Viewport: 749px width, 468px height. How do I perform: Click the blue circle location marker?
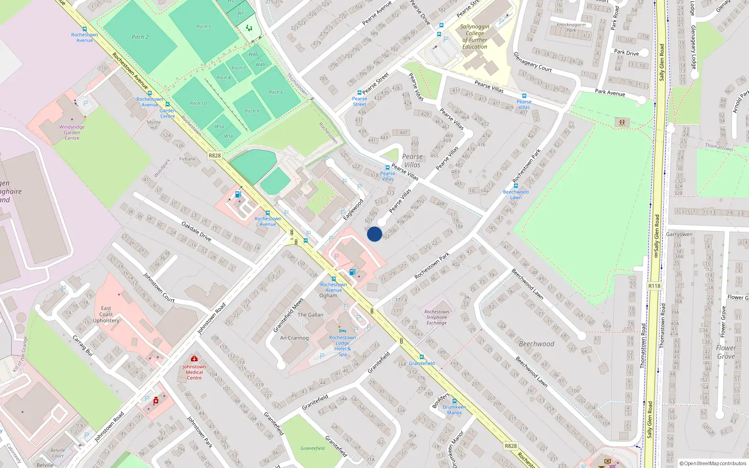(374, 234)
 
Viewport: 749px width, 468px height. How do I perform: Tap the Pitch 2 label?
(140, 37)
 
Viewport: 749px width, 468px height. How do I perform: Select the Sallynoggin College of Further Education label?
(475, 37)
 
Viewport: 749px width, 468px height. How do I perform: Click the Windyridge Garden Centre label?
(72, 132)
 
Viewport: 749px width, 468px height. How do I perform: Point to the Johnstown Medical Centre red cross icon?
(194, 359)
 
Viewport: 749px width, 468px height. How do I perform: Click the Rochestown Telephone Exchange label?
(436, 317)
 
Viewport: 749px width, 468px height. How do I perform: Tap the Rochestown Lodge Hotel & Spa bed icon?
(342, 331)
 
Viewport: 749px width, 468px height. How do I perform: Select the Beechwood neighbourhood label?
(536, 344)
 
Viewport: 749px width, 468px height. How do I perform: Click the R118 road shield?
(654, 286)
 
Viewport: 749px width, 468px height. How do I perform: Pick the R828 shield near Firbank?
(214, 155)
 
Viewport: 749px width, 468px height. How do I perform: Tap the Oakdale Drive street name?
(196, 232)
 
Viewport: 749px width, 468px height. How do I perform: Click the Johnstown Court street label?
(159, 287)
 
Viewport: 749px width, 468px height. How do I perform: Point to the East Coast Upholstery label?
(106, 314)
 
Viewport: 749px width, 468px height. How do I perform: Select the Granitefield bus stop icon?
(421, 357)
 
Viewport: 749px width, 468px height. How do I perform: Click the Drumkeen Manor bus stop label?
(454, 410)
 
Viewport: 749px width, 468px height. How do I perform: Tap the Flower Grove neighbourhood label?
(726, 352)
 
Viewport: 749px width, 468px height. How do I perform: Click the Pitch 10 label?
(198, 103)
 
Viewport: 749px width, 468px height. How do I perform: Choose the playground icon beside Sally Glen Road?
(622, 123)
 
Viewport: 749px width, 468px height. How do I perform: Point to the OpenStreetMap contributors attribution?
(712, 463)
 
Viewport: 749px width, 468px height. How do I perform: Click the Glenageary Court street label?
(533, 62)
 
